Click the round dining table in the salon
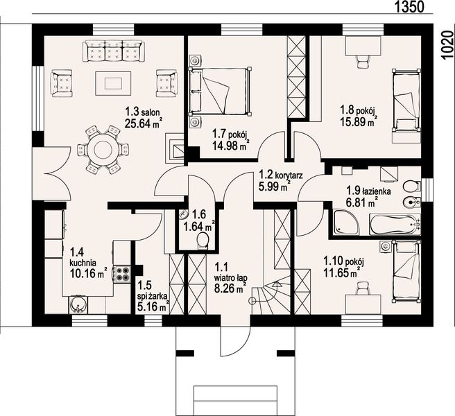(103, 150)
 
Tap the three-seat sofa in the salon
(114, 51)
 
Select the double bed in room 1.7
(220, 92)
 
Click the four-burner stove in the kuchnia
(122, 274)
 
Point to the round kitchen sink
(78, 304)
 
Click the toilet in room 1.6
(203, 241)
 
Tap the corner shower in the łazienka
(347, 223)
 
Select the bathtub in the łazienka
(395, 224)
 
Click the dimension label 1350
(409, 7)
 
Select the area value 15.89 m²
(359, 121)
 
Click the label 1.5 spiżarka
(152, 291)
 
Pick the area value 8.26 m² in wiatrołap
(231, 288)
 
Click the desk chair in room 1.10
(363, 288)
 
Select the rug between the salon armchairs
(113, 83)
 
